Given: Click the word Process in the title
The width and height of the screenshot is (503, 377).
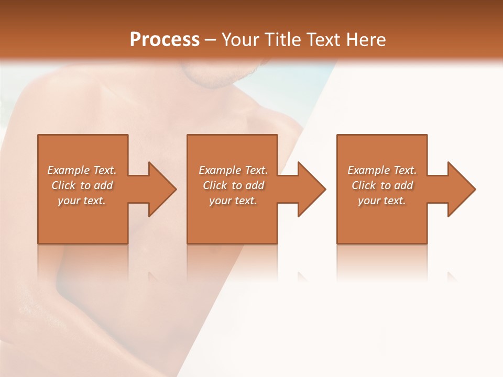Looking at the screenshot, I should [x=165, y=40].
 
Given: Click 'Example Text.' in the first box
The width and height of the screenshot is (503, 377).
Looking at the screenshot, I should [x=82, y=170].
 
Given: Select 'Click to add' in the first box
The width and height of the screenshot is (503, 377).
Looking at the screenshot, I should [x=82, y=185].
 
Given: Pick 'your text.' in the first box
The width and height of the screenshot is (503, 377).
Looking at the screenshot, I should [x=82, y=201].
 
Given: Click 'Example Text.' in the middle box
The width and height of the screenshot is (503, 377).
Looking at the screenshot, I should [x=233, y=170].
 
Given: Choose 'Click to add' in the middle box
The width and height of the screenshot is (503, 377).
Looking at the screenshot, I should [x=233, y=185].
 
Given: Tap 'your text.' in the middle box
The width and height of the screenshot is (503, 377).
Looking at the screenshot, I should [x=233, y=201].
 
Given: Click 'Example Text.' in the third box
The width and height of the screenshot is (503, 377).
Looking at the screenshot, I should [x=382, y=170].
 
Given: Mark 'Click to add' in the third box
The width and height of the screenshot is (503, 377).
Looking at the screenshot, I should [x=382, y=185].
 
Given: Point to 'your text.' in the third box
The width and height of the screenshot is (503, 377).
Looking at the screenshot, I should [x=382, y=201].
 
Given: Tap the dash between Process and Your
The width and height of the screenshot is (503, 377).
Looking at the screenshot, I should [x=211, y=40].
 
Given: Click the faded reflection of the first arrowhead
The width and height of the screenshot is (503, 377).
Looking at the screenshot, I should [x=153, y=278].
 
